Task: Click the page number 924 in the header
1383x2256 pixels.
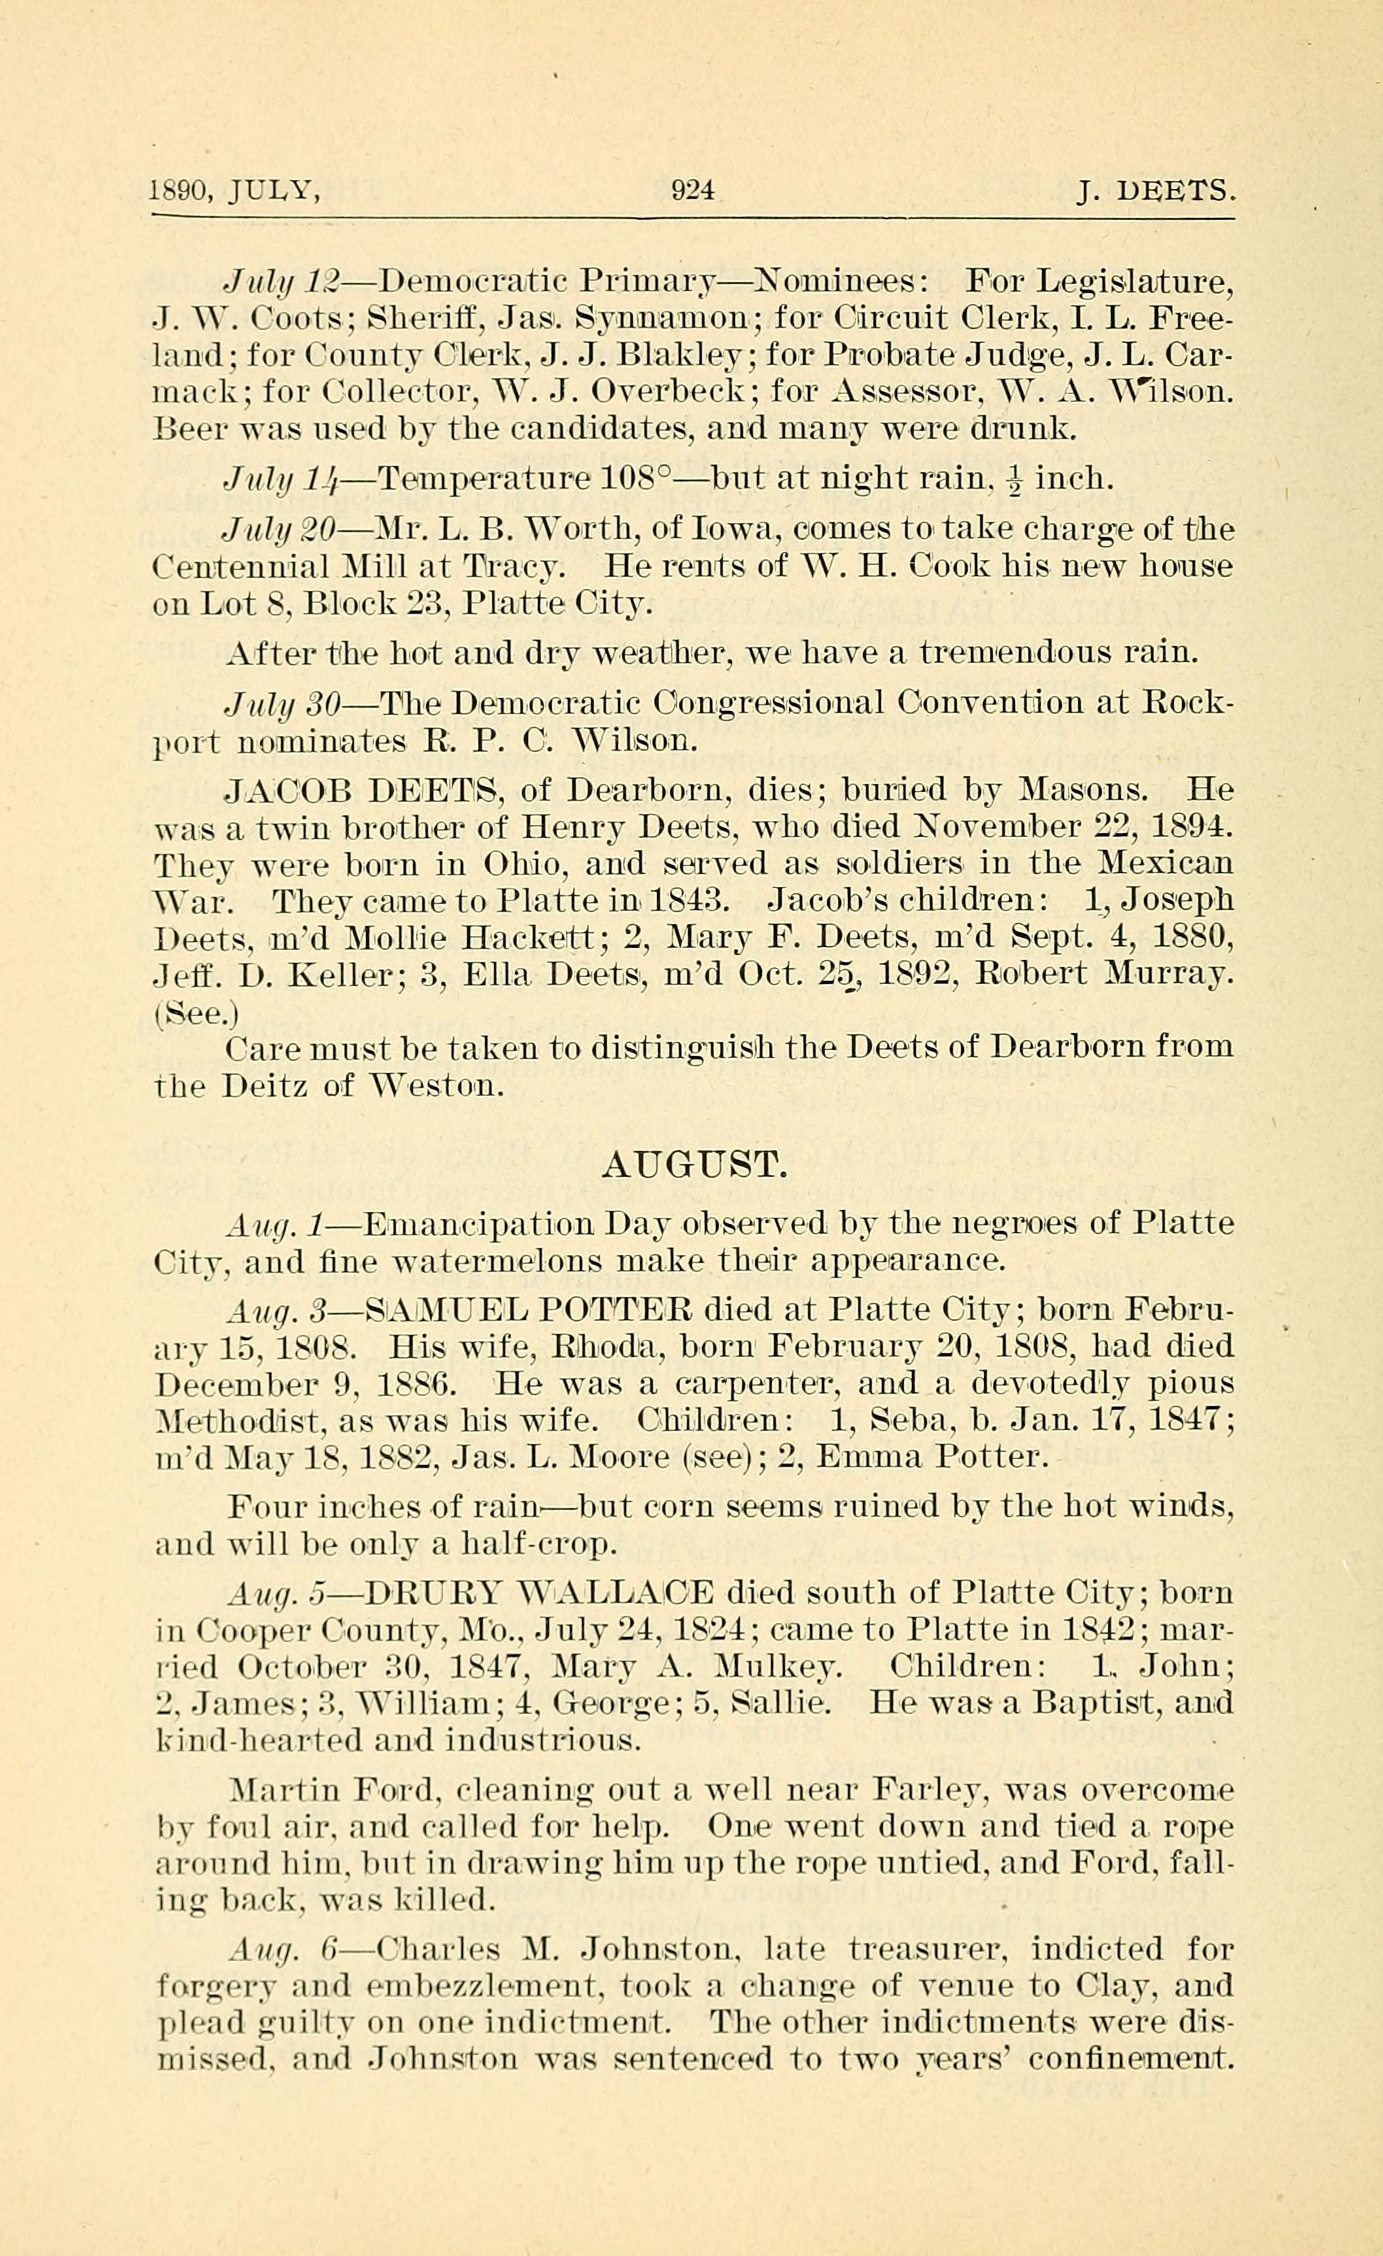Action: coord(692,190)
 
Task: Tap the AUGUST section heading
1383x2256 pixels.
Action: coord(693,1165)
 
